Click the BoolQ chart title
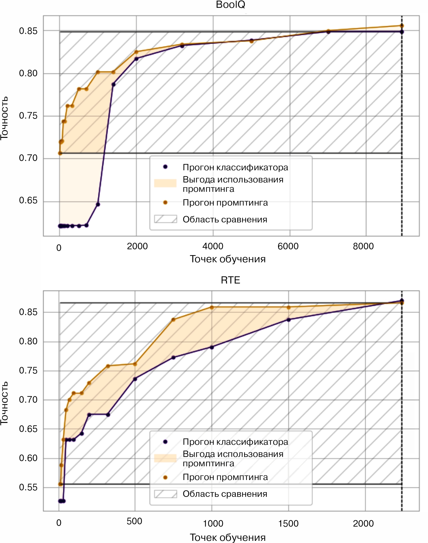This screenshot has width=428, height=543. pos(230,5)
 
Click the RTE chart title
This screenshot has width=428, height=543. pos(230,280)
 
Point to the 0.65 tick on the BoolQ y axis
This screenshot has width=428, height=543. pos(28,200)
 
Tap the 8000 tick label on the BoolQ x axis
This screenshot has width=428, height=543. pos(363,246)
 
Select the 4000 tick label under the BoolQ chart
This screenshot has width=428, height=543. pos(213,246)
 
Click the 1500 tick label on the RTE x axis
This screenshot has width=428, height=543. pos(288,523)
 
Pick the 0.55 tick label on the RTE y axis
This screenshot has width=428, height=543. pos(28,487)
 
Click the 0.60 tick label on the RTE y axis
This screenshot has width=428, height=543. pos(28,458)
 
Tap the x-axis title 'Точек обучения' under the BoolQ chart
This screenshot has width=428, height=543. pos(228,259)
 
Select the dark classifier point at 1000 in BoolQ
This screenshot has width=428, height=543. pos(98,205)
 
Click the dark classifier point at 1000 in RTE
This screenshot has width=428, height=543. pos(212,347)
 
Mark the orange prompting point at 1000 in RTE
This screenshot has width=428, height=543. pos(212,308)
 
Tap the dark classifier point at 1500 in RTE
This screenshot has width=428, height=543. pos(289,320)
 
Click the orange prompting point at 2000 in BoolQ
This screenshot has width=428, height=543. pos(136,52)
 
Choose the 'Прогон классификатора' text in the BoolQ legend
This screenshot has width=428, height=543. pos(235,167)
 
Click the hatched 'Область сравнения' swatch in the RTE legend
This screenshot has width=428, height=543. pos(166,494)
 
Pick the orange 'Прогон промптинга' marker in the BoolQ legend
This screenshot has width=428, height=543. pos(165,203)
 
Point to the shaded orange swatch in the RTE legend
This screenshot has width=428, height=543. pos(166,458)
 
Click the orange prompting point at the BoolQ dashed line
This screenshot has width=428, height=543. pos(402,26)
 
